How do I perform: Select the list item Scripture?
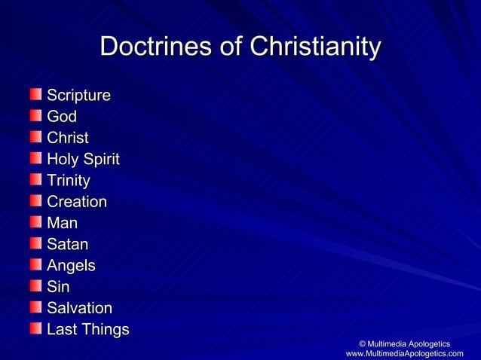pos(78,96)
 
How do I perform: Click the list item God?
pos(62,117)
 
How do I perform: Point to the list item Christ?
pos(68,138)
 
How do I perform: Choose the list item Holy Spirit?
pos(83,160)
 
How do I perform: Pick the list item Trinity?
pos(69,181)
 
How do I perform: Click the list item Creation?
pos(77,202)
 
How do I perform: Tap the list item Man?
pos(62,223)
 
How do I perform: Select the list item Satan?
pos(68,244)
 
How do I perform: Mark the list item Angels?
pos(71,265)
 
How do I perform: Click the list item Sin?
pos(58,287)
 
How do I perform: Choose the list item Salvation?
pos(79,308)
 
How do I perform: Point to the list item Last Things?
pos(88,329)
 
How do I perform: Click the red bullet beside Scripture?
pos(35,95)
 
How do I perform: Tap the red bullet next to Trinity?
pos(35,180)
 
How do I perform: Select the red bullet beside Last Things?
pos(35,328)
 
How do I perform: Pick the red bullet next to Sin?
pos(35,286)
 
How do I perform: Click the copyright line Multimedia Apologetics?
pos(404,343)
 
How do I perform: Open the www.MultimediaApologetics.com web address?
pos(404,354)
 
